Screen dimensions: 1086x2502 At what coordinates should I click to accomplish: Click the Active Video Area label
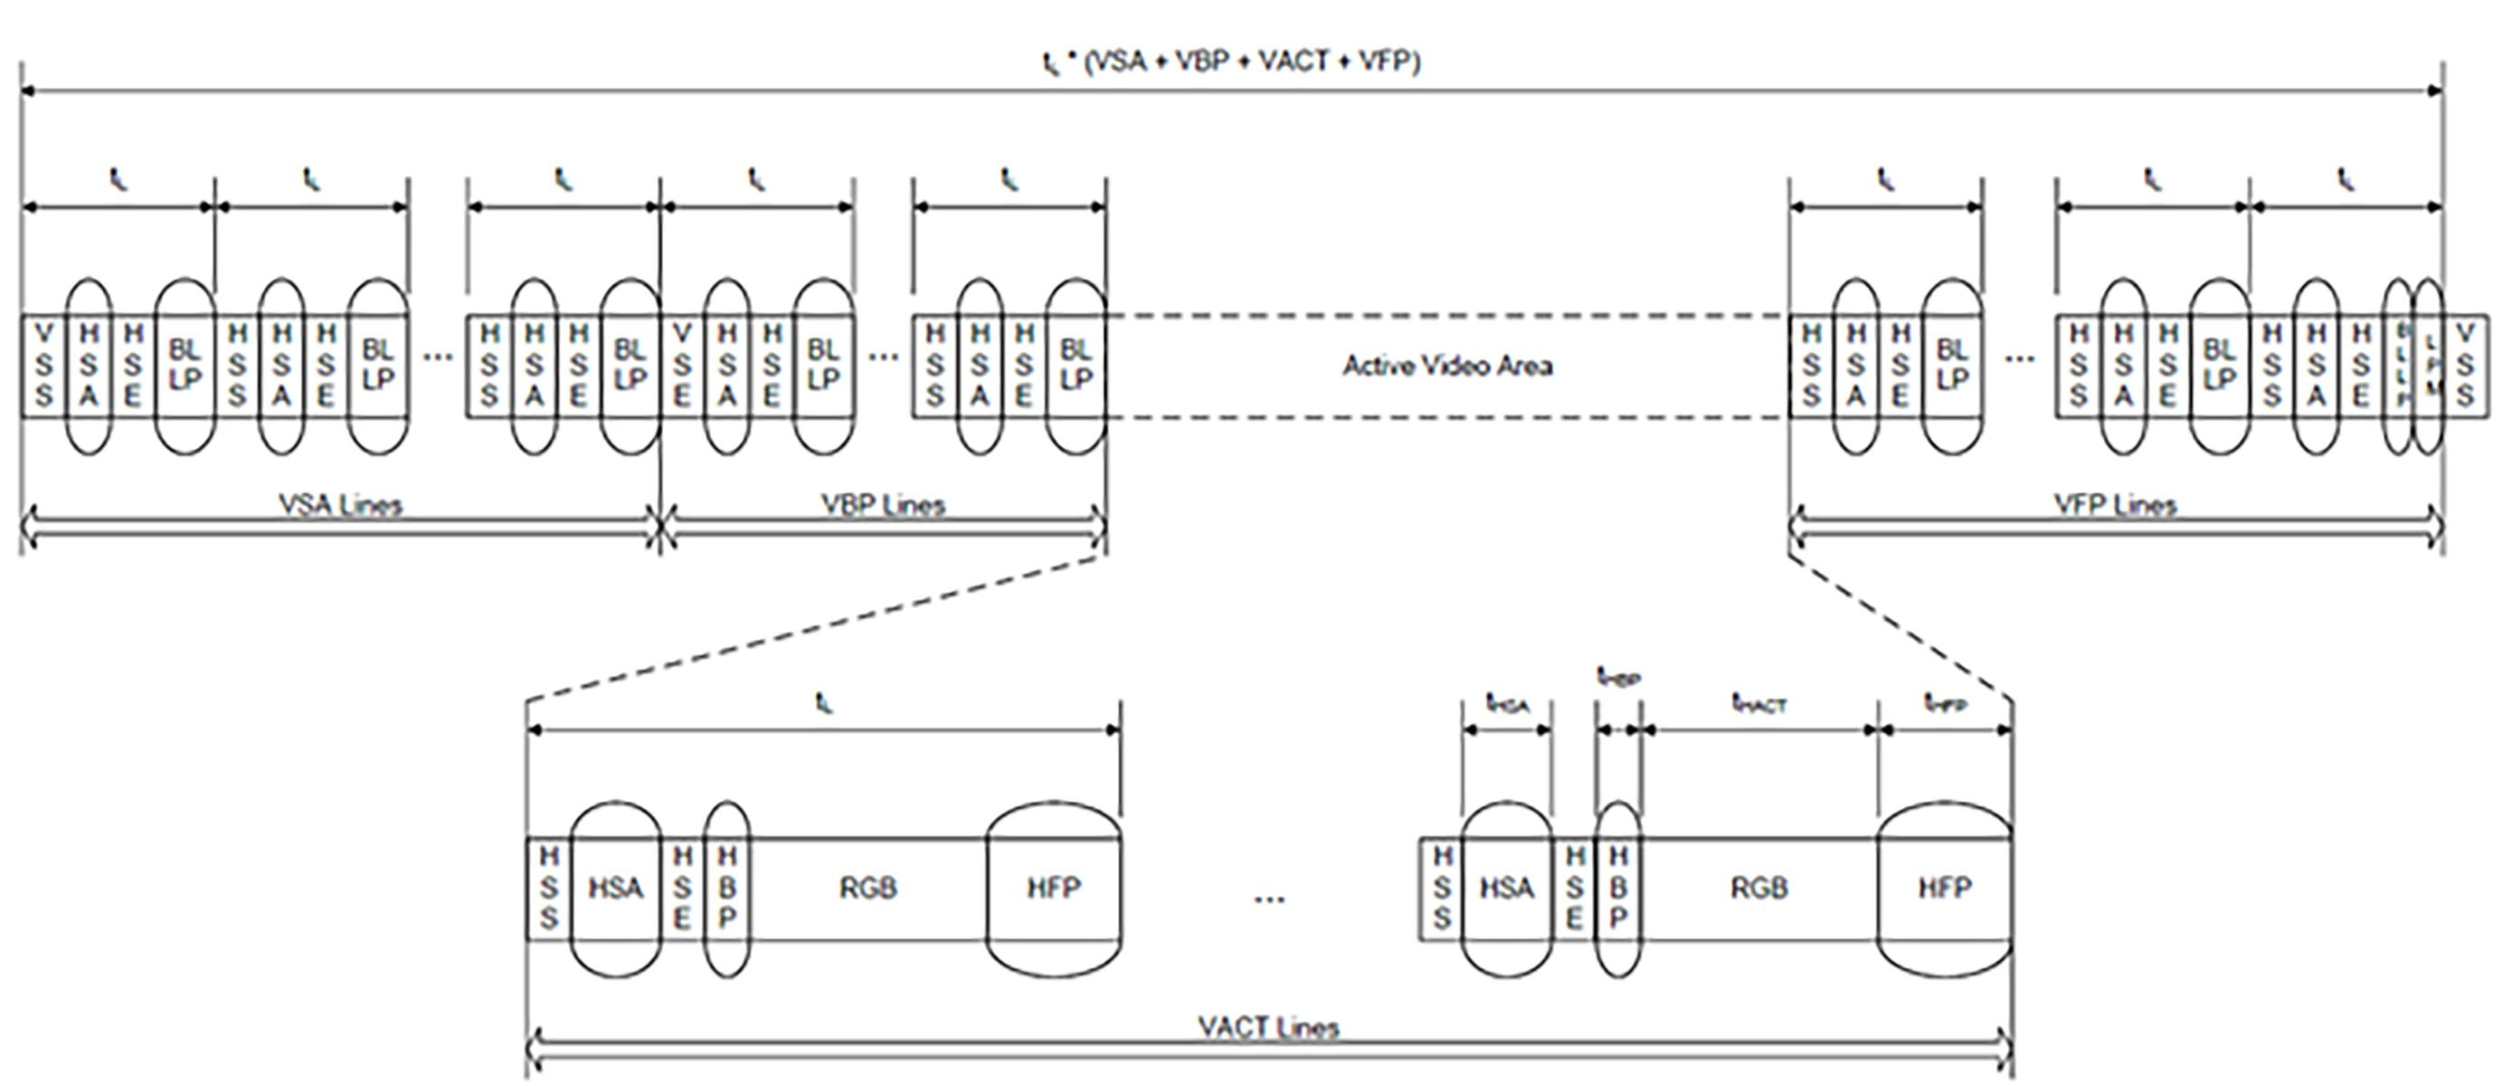coord(1447,367)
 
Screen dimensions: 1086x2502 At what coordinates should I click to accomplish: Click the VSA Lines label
coord(340,505)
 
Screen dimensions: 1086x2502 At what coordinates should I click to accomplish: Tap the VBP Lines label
coord(883,505)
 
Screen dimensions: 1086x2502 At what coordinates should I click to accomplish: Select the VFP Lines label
coord(2116,505)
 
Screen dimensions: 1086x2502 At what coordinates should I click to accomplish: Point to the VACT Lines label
coord(1268,1028)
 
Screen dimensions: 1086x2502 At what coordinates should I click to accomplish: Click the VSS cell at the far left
coord(43,366)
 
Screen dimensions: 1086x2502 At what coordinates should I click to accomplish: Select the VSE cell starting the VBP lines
coord(682,366)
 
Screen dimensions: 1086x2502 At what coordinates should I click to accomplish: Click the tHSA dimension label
coord(1507,703)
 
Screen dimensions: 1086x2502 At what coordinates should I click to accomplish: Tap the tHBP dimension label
coord(1619,676)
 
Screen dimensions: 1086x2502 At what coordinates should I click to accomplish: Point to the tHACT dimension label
coord(1759,703)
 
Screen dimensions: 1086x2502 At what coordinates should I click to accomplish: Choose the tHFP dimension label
coord(1946,703)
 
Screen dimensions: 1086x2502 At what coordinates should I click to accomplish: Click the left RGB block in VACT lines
coord(867,888)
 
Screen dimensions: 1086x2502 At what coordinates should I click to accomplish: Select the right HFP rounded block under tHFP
coord(1945,888)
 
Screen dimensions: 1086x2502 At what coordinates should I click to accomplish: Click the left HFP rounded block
coord(1054,888)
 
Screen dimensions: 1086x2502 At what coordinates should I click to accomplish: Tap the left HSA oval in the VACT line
coord(616,888)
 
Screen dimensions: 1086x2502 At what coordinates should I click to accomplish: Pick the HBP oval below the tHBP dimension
coord(1618,888)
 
